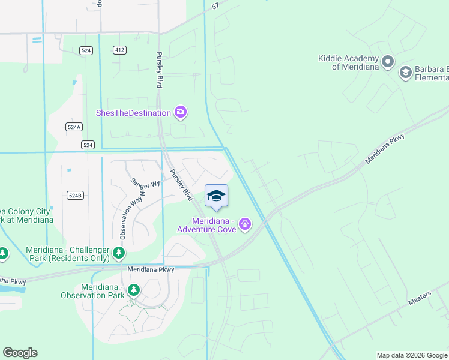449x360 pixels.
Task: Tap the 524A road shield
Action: (x=74, y=127)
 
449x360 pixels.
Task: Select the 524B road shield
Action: (x=74, y=196)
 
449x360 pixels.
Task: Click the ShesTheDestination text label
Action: (x=133, y=112)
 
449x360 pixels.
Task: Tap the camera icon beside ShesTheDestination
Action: (x=180, y=112)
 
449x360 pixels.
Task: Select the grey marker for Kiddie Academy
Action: (x=388, y=61)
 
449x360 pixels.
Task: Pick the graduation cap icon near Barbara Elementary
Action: (x=405, y=73)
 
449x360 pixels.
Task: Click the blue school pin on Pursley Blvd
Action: (x=216, y=196)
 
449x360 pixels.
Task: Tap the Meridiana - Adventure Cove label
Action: (x=206, y=225)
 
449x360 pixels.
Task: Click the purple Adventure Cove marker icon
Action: (x=244, y=224)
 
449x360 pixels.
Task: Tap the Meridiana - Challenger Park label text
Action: (x=67, y=254)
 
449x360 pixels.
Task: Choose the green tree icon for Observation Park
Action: (x=134, y=291)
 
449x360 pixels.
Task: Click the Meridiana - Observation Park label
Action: (x=92, y=290)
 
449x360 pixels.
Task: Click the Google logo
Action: (x=20, y=353)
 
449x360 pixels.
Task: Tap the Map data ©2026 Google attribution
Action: (x=411, y=355)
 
